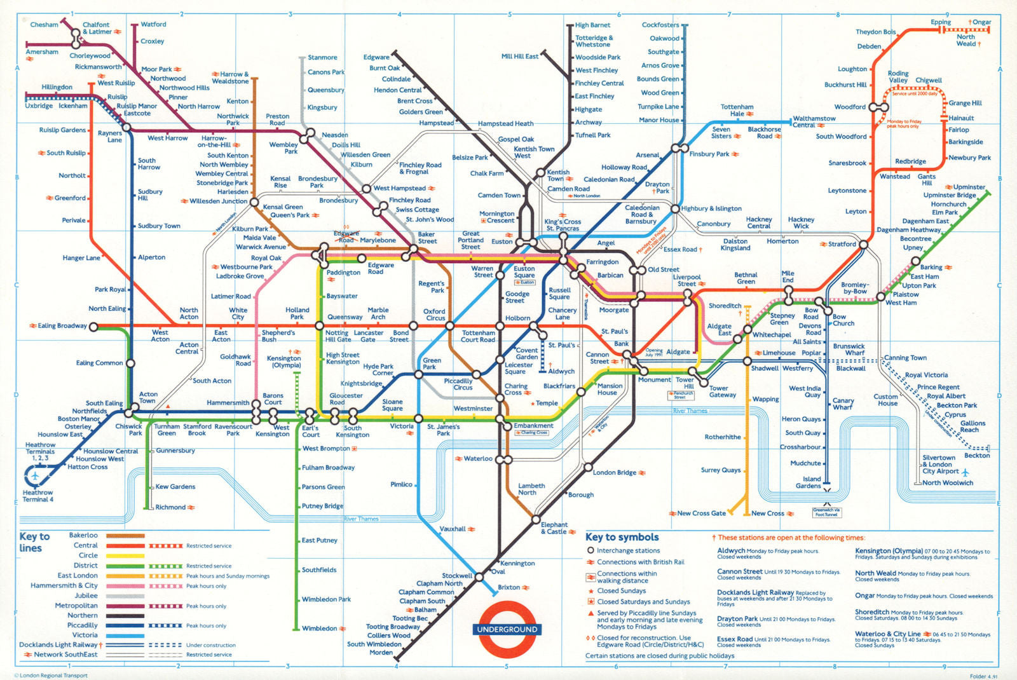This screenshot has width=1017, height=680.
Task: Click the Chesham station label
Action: click(44, 25)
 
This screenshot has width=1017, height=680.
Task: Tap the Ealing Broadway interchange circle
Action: click(93, 327)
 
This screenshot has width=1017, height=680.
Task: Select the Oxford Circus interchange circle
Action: click(449, 326)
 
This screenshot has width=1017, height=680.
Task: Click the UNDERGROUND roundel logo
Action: click(507, 629)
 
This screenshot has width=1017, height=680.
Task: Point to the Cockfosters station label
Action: click(660, 25)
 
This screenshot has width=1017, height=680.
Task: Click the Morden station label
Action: click(381, 653)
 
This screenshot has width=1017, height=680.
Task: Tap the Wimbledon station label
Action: click(319, 629)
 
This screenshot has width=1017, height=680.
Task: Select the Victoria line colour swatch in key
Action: click(125, 635)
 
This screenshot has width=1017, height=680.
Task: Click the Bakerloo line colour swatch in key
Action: click(125, 536)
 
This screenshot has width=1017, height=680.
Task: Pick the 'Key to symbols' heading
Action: click(622, 538)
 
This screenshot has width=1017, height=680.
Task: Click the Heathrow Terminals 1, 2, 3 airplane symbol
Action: click(34, 475)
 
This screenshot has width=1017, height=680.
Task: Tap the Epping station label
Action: click(941, 22)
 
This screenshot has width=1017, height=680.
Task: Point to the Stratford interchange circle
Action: click(863, 244)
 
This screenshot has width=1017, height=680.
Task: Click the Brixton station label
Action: click(508, 587)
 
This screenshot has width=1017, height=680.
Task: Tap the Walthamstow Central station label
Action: click(814, 121)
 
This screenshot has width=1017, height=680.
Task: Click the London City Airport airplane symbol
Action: click(965, 472)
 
